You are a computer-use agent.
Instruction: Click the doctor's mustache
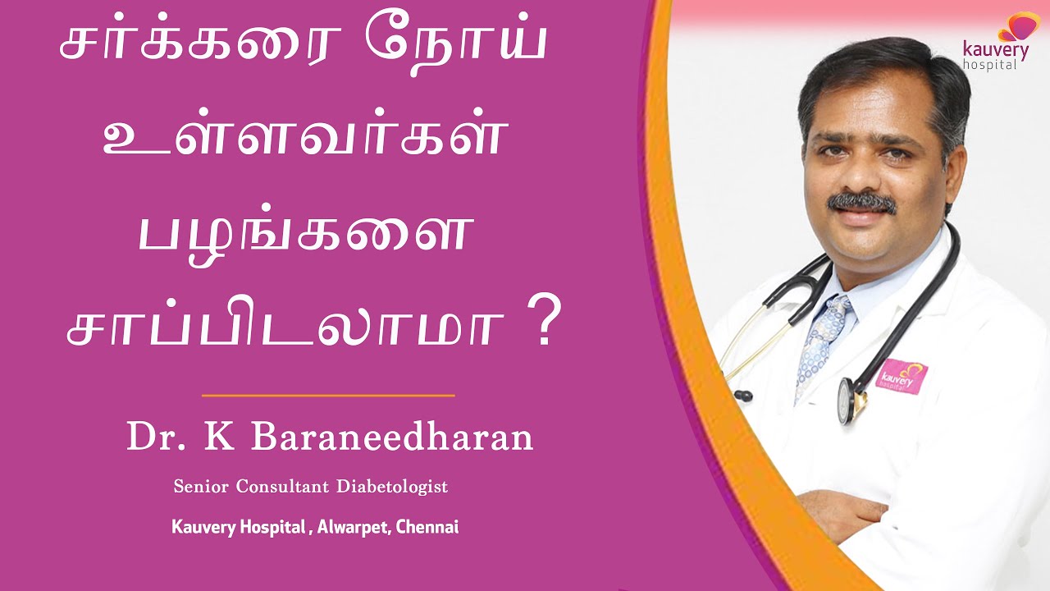point(861,202)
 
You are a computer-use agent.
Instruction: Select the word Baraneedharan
point(392,438)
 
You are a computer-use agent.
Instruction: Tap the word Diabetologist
point(392,487)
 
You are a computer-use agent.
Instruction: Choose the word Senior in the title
point(201,487)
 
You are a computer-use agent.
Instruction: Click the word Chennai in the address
point(427,527)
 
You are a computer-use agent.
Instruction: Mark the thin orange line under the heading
point(328,396)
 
